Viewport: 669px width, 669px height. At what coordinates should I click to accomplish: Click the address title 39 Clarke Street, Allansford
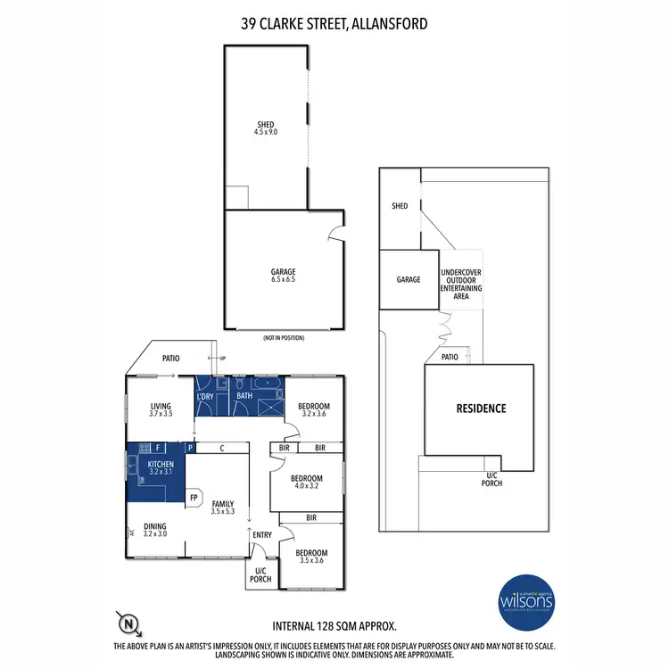pos(334,21)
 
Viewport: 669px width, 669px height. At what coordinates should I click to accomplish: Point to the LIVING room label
pos(161,409)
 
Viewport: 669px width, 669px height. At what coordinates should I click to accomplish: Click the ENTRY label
pos(262,535)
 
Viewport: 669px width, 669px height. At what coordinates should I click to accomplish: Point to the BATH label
pos(244,394)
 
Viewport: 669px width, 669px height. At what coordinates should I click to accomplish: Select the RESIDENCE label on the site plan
pos(482,409)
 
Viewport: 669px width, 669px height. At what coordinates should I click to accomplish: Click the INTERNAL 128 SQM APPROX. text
pos(334,626)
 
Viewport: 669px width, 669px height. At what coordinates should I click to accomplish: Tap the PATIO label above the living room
pos(170,359)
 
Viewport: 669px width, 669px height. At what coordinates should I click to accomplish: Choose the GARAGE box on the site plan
pos(409,279)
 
